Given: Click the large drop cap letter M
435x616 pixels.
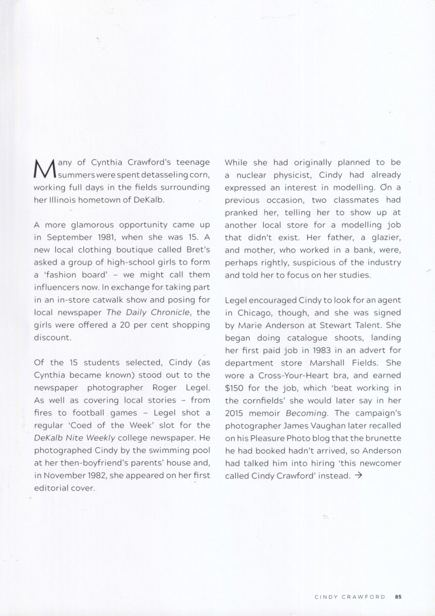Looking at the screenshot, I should (45, 168).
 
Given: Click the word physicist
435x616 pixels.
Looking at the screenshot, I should (290, 175).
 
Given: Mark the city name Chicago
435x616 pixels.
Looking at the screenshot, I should (251, 312).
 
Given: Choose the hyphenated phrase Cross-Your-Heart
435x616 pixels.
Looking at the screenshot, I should (292, 375).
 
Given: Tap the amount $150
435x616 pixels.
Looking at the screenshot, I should (234, 388).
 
